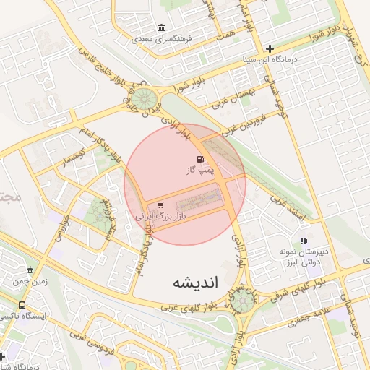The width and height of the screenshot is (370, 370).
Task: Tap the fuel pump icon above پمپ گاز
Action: [199, 160]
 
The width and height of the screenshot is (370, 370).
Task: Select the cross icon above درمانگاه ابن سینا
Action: [270, 48]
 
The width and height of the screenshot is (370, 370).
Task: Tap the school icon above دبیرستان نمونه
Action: [304, 241]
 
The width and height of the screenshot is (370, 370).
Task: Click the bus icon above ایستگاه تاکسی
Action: [22, 305]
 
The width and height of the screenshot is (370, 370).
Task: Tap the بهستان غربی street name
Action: [235, 96]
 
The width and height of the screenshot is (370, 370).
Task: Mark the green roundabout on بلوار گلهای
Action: [244, 301]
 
